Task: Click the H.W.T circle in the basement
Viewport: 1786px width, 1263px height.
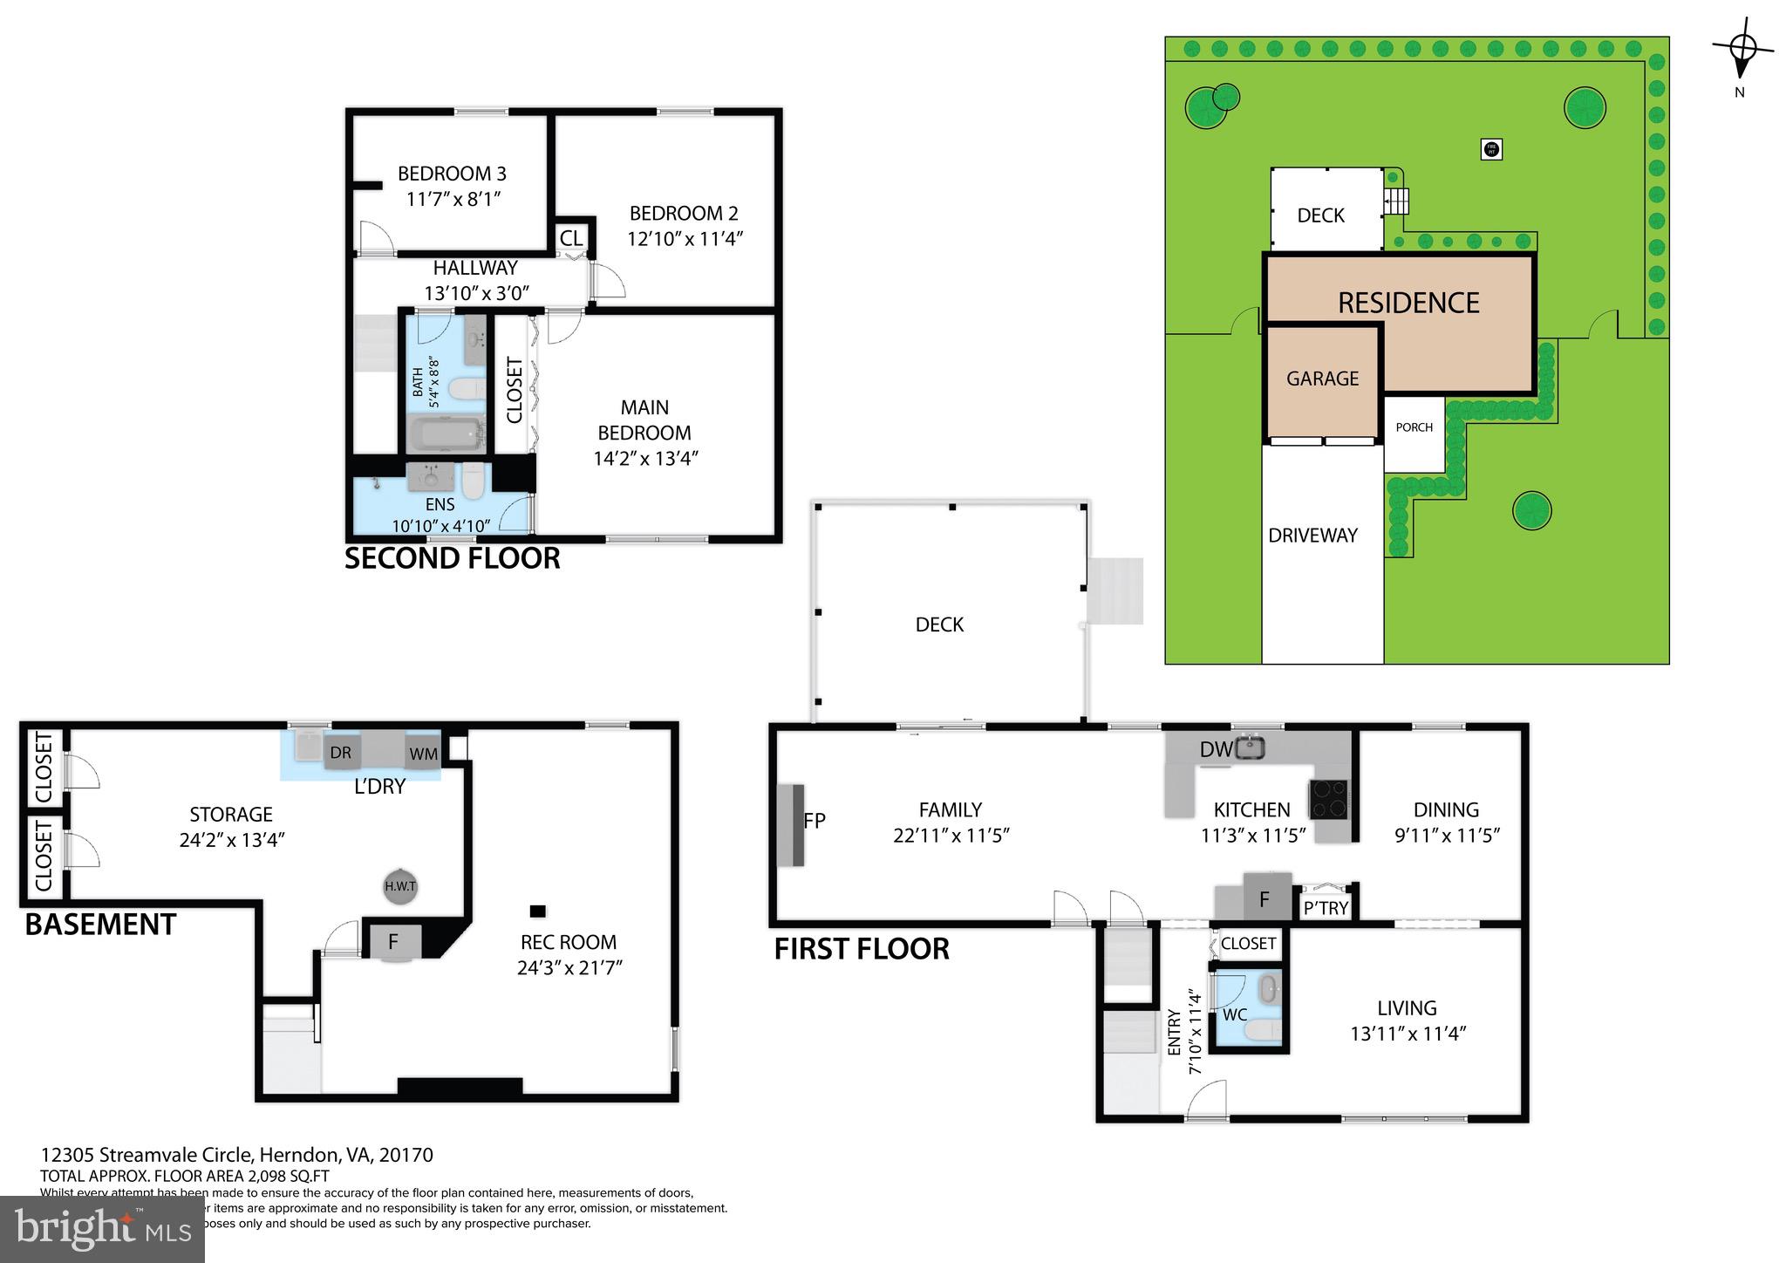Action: (400, 887)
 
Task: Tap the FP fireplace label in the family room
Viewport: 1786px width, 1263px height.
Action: (815, 820)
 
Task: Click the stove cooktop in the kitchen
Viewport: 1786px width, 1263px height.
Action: (1328, 799)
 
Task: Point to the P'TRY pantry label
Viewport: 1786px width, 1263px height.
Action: (1326, 908)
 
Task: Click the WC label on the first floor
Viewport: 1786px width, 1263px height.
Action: (1235, 1014)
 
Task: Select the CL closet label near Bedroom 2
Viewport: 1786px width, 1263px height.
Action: (571, 238)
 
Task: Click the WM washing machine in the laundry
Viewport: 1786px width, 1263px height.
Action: (423, 754)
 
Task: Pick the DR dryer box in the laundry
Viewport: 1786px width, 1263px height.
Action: (340, 753)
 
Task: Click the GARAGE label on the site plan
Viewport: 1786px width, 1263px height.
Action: (1322, 378)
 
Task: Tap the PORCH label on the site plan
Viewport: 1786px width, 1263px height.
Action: (1414, 427)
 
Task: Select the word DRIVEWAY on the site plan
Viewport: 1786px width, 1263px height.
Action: (1312, 536)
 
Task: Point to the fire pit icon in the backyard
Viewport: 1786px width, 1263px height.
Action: (1491, 149)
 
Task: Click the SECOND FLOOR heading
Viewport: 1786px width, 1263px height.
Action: (452, 558)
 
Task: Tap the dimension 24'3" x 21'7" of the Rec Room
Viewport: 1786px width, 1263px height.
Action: (569, 967)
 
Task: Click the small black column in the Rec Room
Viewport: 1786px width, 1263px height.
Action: (538, 911)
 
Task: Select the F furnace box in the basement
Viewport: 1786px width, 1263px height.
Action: (393, 942)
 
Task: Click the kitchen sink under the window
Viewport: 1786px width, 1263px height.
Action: (1251, 747)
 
